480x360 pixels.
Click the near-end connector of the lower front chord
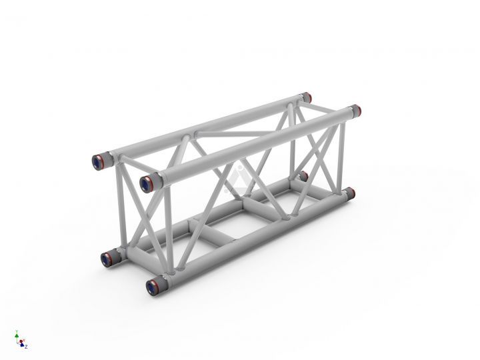[151, 287]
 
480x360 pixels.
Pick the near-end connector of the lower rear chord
[107, 257]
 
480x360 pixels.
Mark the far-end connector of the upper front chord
[355, 110]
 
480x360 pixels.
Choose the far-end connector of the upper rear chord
[306, 97]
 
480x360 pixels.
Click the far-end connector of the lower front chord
[349, 193]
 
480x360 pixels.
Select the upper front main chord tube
[253, 144]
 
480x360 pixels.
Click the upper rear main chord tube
[200, 129]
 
